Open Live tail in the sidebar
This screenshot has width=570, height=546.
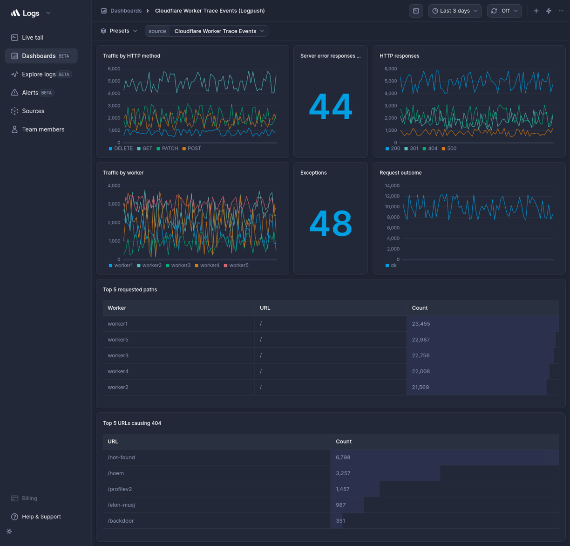(x=32, y=37)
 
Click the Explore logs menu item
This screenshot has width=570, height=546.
(x=39, y=74)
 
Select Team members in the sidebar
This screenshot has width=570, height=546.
(x=43, y=130)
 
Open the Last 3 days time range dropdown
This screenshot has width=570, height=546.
(x=455, y=11)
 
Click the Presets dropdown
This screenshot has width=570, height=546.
(x=120, y=31)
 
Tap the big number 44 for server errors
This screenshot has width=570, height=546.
(x=330, y=106)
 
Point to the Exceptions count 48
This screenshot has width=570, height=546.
(x=330, y=223)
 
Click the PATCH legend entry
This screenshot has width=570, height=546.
(x=170, y=149)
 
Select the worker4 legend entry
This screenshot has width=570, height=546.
(x=210, y=266)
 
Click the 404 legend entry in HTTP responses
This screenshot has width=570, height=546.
(x=432, y=149)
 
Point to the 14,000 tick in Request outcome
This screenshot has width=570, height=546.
(x=392, y=185)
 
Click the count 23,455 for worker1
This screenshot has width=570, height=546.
(x=421, y=324)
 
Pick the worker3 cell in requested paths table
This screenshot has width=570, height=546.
(x=118, y=355)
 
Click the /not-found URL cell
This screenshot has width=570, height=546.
(x=121, y=457)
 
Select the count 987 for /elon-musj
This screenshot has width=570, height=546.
(x=340, y=505)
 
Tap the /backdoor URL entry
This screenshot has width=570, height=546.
(x=121, y=521)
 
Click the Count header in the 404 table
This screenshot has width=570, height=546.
(x=344, y=442)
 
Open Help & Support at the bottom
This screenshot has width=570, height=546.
(x=41, y=517)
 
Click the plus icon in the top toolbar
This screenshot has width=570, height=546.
(x=536, y=11)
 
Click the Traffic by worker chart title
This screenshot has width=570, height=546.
(x=123, y=173)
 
